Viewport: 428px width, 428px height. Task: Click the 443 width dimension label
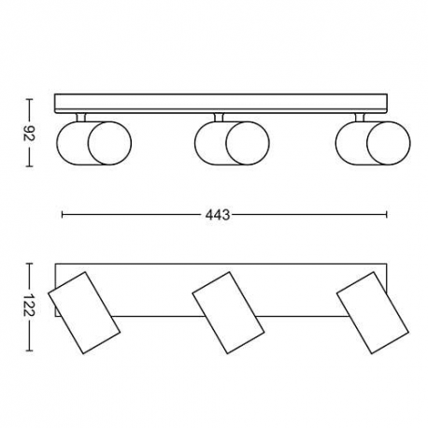click(x=218, y=215)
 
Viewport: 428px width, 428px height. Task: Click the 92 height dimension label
click(x=29, y=133)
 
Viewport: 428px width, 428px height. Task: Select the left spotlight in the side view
click(x=93, y=143)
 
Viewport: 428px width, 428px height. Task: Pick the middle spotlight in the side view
click(x=232, y=143)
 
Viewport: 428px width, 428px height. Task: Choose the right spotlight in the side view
click(x=373, y=143)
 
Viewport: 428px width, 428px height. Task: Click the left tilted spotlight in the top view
click(x=84, y=312)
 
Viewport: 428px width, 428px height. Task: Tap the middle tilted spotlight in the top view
click(x=228, y=312)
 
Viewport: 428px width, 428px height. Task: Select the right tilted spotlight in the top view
click(x=373, y=312)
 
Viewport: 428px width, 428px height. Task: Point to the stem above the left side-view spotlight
click(x=80, y=117)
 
